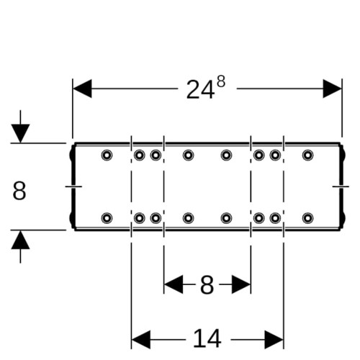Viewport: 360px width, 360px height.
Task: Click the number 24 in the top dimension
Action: click(x=200, y=90)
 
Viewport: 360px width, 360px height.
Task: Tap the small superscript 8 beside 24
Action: click(x=221, y=82)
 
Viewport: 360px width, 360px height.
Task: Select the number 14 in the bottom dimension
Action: click(x=207, y=338)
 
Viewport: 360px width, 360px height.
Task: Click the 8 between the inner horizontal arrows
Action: click(x=207, y=285)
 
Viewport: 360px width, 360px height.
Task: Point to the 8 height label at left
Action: click(x=19, y=191)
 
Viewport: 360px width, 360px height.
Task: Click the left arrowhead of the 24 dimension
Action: click(x=82, y=89)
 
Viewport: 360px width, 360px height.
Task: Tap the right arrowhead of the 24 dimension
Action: click(x=332, y=89)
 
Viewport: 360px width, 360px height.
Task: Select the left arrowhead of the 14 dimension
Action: click(x=141, y=340)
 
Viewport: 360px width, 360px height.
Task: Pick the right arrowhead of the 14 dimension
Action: click(x=274, y=340)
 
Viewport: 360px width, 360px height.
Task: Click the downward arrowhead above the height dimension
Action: click(x=20, y=133)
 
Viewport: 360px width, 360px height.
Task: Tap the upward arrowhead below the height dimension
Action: click(x=20, y=240)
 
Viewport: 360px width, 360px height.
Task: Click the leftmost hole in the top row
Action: click(x=107, y=155)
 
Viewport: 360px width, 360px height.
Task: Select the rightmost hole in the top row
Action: click(x=307, y=155)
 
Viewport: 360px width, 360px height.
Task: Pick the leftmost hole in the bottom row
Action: click(x=107, y=218)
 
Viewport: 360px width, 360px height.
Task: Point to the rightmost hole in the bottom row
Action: click(x=307, y=218)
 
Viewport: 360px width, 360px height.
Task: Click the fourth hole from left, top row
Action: click(x=188, y=155)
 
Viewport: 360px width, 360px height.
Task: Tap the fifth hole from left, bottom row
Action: click(x=226, y=218)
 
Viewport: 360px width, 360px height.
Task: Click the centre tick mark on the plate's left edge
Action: click(x=73, y=186)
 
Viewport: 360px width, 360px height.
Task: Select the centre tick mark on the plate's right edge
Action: click(x=341, y=186)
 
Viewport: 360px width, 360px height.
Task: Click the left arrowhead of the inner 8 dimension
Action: click(x=174, y=284)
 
